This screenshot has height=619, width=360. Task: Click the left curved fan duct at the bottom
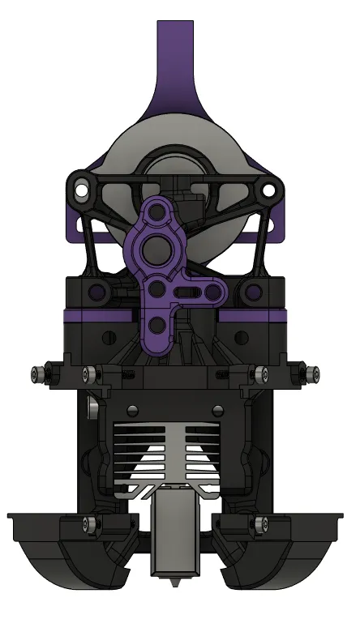[x=69, y=559]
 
